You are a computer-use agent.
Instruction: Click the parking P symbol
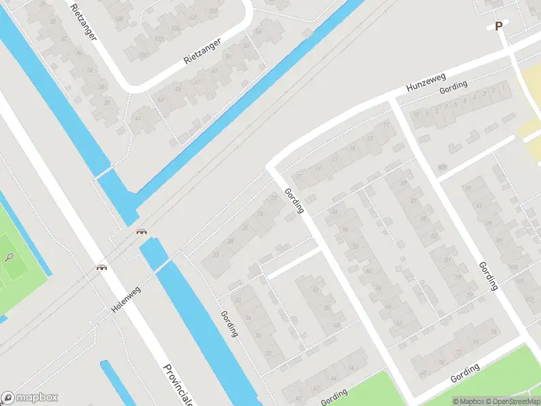(499, 26)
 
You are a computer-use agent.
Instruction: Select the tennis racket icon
(9, 257)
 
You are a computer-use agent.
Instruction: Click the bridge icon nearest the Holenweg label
(101, 267)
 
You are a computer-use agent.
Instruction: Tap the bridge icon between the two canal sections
(142, 232)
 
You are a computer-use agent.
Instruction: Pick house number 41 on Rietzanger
(138, 118)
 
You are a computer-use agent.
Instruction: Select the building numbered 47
(197, 81)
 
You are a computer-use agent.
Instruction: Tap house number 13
(369, 138)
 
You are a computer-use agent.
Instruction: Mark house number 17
(335, 160)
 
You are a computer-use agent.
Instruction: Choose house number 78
(494, 331)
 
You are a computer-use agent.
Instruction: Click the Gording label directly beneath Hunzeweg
(453, 87)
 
